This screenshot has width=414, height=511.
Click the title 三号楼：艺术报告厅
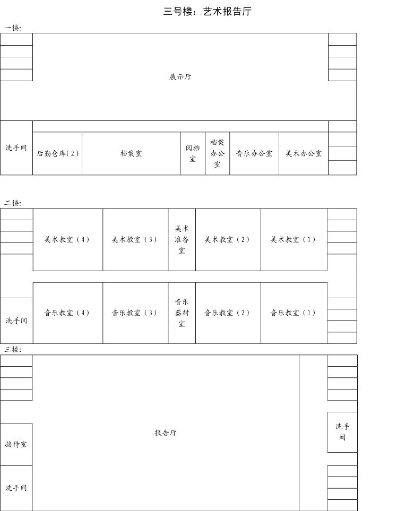point(207,12)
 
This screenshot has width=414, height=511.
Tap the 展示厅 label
point(180,77)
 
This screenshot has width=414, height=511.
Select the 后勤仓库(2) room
point(57,153)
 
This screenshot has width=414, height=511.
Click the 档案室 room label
point(131,153)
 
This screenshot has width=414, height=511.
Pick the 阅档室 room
point(193,153)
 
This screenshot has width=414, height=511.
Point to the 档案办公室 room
point(217,153)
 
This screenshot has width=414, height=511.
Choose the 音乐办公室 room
point(254,153)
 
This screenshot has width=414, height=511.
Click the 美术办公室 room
point(304,153)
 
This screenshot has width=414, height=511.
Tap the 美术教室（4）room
point(67,240)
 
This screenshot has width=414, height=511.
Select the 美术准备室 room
point(182,240)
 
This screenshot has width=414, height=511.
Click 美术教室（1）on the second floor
point(294,240)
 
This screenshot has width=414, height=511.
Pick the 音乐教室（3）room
point(135,313)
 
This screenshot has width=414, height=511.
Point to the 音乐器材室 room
point(182,313)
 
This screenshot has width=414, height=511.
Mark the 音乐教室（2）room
point(228,313)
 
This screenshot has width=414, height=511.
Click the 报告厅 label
point(166,433)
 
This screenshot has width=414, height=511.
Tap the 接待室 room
point(16,444)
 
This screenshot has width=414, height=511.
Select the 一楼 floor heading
point(13,28)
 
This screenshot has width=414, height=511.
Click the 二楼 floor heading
point(13,203)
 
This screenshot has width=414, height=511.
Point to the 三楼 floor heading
point(13,349)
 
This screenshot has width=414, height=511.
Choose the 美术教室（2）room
point(228,240)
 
